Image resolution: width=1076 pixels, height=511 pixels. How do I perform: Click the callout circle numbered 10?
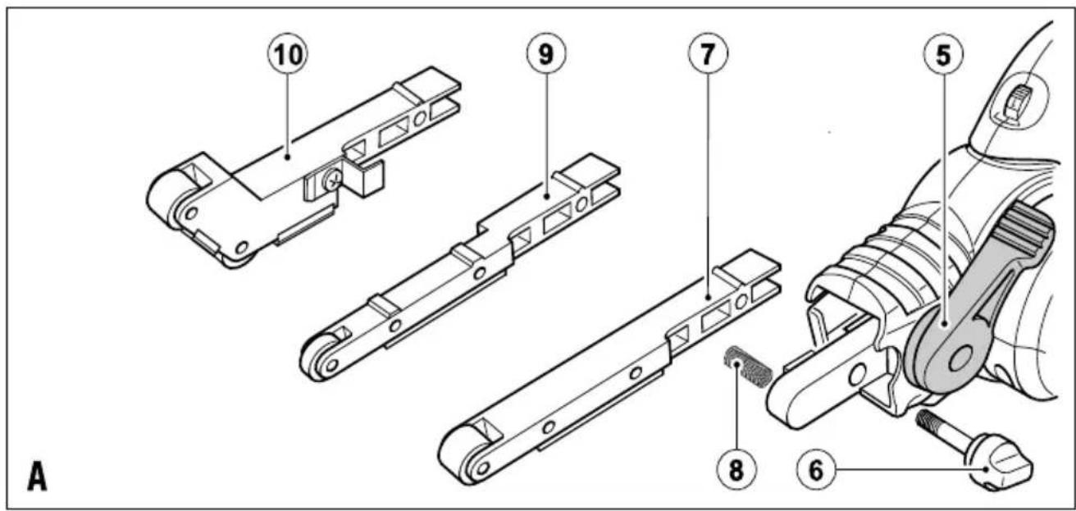[x=288, y=54]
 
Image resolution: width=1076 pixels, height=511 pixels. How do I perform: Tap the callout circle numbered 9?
[x=545, y=53]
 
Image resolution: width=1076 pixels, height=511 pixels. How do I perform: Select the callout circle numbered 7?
[x=708, y=53]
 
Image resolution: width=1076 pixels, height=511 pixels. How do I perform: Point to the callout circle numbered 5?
[x=943, y=54]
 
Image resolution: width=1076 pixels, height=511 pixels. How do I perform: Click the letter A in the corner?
[x=37, y=476]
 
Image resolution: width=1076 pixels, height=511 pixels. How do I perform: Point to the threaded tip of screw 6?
[x=928, y=422]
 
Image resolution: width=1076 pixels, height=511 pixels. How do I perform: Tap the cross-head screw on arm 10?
[x=332, y=180]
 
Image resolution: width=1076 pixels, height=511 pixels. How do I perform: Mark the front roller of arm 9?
[x=318, y=357]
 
